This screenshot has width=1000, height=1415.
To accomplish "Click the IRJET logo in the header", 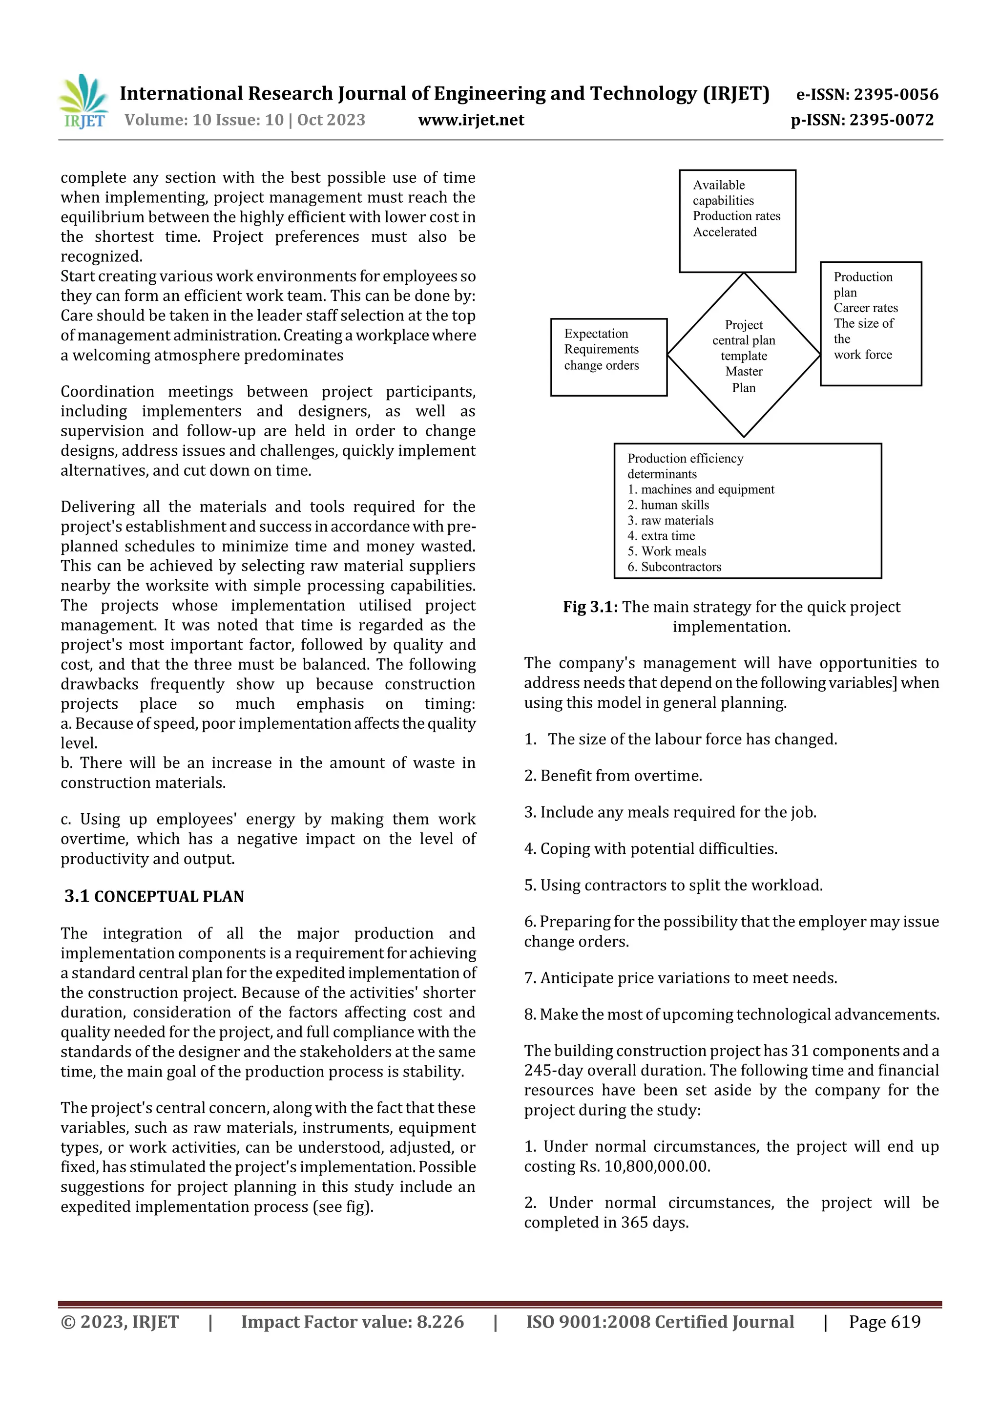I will pyautogui.click(x=83, y=102).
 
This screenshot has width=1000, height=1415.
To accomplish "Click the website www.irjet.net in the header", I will pyautogui.click(x=471, y=120).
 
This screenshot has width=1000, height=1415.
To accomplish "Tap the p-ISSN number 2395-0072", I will pyautogui.click(x=892, y=120).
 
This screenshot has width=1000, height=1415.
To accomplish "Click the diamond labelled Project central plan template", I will pyautogui.click(x=744, y=356).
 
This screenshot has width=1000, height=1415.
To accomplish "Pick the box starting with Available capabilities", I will pyautogui.click(x=737, y=221).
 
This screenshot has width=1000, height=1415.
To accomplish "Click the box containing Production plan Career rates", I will pyautogui.click(x=870, y=323).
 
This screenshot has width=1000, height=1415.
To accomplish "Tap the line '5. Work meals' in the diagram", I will pyautogui.click(x=667, y=551).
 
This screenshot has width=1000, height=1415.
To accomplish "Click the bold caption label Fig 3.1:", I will pyautogui.click(x=590, y=607).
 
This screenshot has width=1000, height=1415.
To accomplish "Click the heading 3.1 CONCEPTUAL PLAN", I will pyautogui.click(x=154, y=897).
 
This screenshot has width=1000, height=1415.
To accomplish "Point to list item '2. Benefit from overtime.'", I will pyautogui.click(x=613, y=776).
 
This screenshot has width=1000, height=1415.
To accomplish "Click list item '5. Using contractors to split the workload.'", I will pyautogui.click(x=673, y=886).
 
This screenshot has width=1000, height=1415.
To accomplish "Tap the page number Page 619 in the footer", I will pyautogui.click(x=884, y=1322).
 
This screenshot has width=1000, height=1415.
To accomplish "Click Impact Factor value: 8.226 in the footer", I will pyautogui.click(x=352, y=1322).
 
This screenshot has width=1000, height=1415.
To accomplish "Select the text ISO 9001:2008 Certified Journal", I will pyautogui.click(x=659, y=1322).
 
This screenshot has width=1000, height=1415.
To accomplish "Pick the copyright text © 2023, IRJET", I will pyautogui.click(x=120, y=1322).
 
